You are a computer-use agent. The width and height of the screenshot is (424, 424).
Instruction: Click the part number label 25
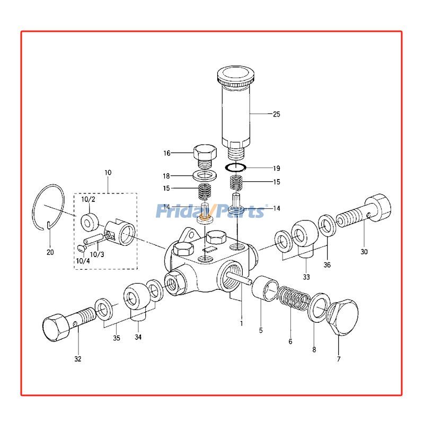click(276, 114)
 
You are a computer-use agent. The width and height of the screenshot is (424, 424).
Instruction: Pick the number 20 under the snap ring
click(50, 252)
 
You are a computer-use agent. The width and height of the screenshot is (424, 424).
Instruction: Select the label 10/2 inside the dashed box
click(88, 199)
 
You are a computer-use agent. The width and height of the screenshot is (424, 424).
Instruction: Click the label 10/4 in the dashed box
click(83, 260)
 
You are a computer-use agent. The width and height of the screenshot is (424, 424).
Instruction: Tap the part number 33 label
click(306, 277)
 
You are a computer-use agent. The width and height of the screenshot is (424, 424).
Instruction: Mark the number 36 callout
click(326, 266)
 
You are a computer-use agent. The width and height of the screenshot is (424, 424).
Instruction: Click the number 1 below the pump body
click(241, 323)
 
